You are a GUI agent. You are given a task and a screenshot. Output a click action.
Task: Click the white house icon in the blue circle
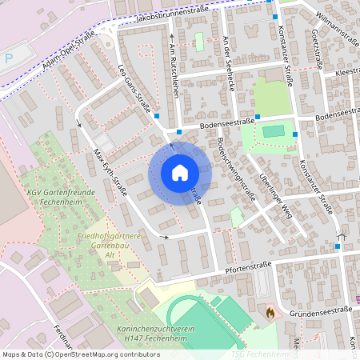pyautogui.click(x=180, y=172)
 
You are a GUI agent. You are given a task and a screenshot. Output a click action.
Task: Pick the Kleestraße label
pyautogui.click(x=345, y=72)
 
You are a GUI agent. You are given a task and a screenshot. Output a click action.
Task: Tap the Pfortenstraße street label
pyautogui.click(x=249, y=264)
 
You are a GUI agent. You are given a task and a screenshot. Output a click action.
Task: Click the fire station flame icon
pyautogui.click(x=270, y=313)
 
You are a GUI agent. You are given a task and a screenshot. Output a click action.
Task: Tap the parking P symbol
pyautogui.click(x=9, y=58)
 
